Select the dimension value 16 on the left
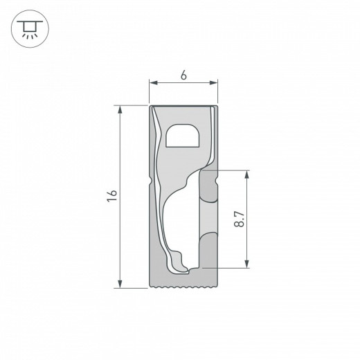pyautogui.click(x=112, y=196)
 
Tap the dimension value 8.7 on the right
pyautogui.click(x=238, y=219)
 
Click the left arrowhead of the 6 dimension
pyautogui.click(x=153, y=84)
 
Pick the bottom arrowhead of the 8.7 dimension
pyautogui.click(x=246, y=264)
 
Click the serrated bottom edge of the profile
pyautogui.click(x=183, y=285)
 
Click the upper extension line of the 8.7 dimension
pyautogui.click(x=228, y=170)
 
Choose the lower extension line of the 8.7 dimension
pyautogui.click(x=228, y=267)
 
